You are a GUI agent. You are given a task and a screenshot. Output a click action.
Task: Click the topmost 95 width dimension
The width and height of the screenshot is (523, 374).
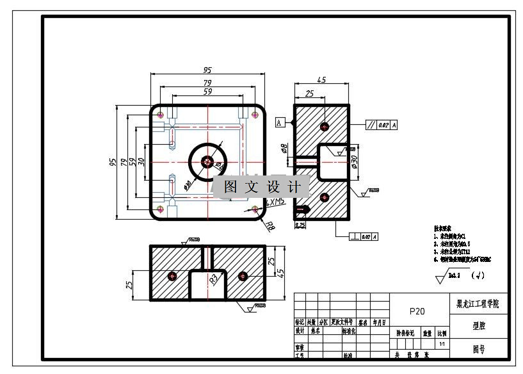pos(207,70)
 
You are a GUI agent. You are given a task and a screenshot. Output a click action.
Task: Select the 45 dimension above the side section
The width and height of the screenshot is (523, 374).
pos(321,80)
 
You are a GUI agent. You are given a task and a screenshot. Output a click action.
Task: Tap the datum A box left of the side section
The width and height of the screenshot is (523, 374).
pos(280,122)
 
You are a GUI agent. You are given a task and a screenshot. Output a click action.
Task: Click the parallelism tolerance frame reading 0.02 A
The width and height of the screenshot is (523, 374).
pos(382,125)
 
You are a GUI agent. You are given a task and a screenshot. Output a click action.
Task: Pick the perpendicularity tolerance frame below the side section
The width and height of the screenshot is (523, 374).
pos(365,237)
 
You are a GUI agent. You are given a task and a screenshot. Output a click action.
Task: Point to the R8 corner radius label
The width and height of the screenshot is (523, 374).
pos(271,225)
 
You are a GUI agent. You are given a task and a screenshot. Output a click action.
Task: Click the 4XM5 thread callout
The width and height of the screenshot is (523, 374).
pos(276,202)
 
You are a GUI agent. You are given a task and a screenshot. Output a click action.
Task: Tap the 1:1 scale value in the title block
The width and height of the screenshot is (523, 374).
pos(442,345)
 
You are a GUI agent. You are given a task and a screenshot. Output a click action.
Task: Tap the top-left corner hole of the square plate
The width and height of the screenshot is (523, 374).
pos(161,115)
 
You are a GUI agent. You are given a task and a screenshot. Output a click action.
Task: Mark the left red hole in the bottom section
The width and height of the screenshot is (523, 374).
pos(172,276)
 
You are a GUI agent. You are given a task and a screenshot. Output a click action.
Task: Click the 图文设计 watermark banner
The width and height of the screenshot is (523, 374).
pos(262,186)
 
